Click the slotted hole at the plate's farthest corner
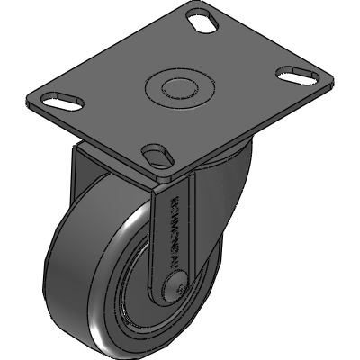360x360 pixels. coord(202,17)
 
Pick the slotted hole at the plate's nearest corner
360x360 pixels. coord(157,154)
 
